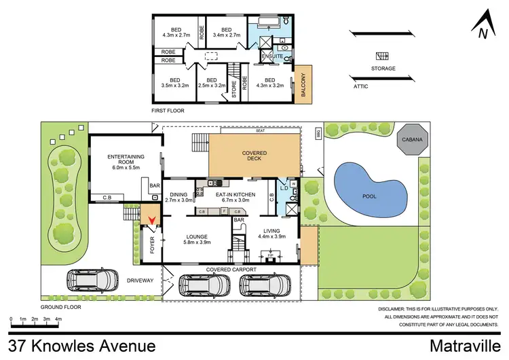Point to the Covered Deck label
tap(254, 157)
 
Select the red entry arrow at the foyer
tap(151, 219)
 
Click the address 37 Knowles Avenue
tap(83, 346)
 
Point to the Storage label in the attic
tap(383, 67)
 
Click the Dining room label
tap(179, 197)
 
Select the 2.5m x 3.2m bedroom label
tap(211, 83)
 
